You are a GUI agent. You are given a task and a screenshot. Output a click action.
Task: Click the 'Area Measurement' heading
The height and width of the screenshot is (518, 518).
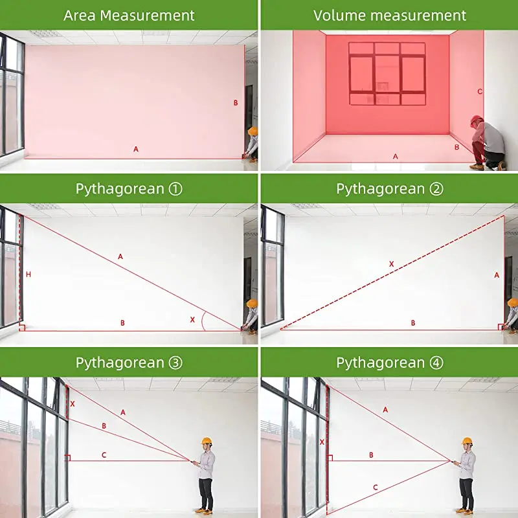(x=129, y=16)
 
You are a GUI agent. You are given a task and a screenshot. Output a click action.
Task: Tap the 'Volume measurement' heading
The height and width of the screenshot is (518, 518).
(x=390, y=16)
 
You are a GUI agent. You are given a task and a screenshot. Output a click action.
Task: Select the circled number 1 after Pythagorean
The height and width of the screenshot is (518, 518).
(x=175, y=189)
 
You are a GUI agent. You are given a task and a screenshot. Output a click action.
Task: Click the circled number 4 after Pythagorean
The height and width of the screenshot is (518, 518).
(x=436, y=363)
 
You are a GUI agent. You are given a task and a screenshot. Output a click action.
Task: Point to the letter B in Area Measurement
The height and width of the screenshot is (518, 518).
(x=236, y=103)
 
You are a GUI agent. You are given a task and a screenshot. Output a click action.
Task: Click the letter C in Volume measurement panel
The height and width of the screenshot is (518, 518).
(x=480, y=91)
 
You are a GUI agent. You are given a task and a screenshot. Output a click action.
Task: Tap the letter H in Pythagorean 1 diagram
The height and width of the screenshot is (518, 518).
(x=28, y=274)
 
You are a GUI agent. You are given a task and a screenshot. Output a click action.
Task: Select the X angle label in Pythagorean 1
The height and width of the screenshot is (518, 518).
(x=192, y=319)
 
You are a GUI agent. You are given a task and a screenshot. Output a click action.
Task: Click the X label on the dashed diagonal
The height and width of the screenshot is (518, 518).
(x=392, y=264)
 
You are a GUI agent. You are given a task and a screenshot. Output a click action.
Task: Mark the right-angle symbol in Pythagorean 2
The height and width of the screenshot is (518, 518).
(x=501, y=327)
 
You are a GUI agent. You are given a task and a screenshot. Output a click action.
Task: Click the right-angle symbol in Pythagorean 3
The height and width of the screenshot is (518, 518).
(x=68, y=458)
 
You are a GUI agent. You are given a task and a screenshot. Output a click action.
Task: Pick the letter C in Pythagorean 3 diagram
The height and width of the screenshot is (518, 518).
(x=104, y=455)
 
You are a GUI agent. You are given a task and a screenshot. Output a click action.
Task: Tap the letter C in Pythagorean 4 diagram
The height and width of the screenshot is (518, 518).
(x=376, y=488)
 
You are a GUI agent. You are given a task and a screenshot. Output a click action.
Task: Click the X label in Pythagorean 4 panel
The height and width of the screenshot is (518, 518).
(x=322, y=442)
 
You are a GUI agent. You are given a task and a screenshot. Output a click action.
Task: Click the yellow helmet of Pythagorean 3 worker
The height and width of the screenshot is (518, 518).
(x=207, y=441)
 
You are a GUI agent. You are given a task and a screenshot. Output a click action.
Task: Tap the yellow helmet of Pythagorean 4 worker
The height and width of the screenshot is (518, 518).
(x=467, y=441)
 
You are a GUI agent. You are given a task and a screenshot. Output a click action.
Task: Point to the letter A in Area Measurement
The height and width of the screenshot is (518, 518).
(x=136, y=150)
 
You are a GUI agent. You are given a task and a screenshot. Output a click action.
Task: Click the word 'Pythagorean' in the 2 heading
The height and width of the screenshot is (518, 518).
(x=381, y=189)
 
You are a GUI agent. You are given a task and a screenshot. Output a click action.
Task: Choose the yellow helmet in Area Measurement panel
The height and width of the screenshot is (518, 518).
(x=253, y=131)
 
